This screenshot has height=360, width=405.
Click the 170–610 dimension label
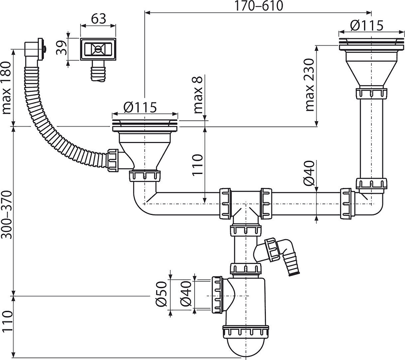[x=259, y=6]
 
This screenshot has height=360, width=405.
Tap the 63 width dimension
[x=98, y=19]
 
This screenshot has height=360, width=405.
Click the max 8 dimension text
[x=198, y=94]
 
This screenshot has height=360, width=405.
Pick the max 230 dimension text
[x=310, y=85]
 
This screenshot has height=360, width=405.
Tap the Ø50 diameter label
[x=161, y=293]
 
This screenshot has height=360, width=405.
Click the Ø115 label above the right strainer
[x=367, y=25]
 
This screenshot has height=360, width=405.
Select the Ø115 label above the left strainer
[x=140, y=107]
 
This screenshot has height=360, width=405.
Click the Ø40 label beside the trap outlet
[x=186, y=293]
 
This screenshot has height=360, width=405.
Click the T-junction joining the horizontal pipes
[x=245, y=204]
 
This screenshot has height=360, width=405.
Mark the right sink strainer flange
[x=371, y=44]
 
